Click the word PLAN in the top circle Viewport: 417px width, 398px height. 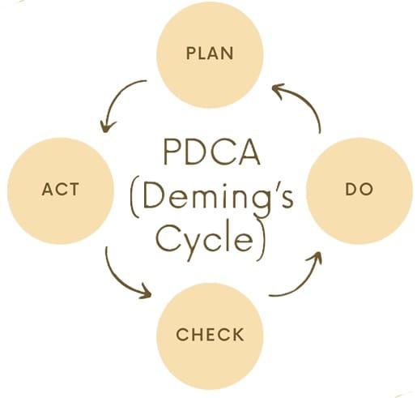(x=210, y=53)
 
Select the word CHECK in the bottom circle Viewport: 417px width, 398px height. (x=210, y=334)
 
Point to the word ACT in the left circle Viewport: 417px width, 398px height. (x=61, y=189)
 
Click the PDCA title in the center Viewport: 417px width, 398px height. (x=212, y=152)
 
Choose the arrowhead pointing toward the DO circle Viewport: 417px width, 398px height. (x=316, y=258)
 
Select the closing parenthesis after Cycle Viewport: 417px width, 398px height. (x=262, y=240)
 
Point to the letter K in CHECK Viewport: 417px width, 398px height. (x=237, y=334)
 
